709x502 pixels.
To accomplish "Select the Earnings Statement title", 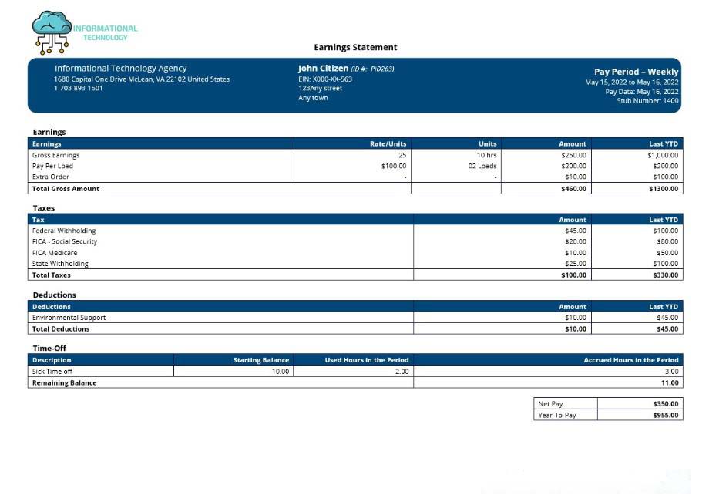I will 355,48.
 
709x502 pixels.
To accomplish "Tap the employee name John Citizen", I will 323,69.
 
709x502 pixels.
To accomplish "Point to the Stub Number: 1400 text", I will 647,101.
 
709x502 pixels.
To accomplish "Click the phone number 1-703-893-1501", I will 78,88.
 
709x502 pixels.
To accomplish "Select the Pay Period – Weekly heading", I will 636,72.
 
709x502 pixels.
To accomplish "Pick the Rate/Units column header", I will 388,143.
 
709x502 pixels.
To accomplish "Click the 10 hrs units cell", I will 486,155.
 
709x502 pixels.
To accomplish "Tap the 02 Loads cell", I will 482,166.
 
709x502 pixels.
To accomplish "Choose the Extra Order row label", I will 50,177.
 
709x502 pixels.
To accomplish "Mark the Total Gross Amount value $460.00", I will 573,188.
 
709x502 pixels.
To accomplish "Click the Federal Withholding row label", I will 64,231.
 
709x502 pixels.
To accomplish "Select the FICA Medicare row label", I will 55,253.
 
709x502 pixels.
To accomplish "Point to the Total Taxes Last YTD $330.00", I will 664,275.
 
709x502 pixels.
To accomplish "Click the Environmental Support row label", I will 69,318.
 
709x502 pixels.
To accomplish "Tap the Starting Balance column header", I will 261,360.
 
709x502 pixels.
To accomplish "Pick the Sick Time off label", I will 52,372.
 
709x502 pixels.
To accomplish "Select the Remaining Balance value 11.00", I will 670,382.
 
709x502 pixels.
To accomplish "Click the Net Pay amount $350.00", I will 665,403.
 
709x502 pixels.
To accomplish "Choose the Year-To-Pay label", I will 556,415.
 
